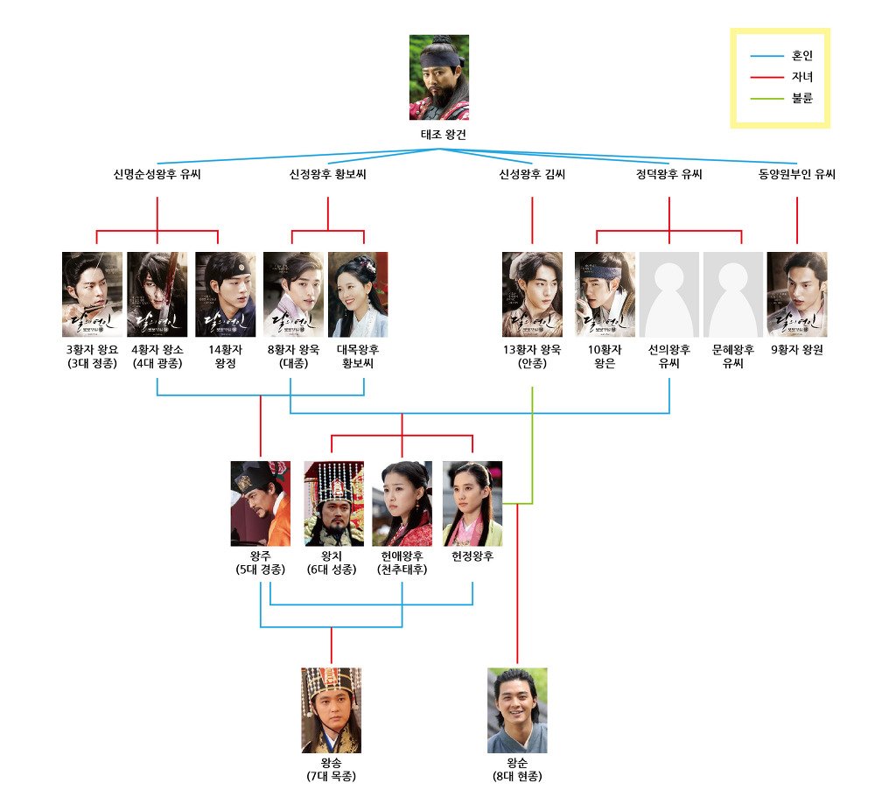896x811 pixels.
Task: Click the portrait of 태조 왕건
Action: (x=439, y=77)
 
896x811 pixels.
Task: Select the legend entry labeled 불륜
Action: (x=801, y=98)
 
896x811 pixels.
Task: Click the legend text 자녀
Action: (x=801, y=77)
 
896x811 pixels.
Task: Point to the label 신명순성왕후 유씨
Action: (x=157, y=175)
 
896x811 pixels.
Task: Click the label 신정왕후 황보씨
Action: (x=328, y=175)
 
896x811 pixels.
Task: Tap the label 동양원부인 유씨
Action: (x=797, y=175)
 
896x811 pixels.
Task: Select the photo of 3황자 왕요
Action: (x=93, y=295)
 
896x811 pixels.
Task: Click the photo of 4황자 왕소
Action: (x=157, y=295)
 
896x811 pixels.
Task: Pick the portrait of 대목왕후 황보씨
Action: (x=358, y=295)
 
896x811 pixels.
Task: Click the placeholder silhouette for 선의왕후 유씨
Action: (x=669, y=295)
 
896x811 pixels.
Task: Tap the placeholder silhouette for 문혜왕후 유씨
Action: (x=733, y=295)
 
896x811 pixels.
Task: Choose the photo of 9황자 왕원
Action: (x=797, y=295)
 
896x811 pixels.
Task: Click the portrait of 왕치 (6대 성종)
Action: (x=333, y=504)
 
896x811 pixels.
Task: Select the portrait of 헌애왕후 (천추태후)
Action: (x=402, y=504)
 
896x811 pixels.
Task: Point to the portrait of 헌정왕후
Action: (x=472, y=504)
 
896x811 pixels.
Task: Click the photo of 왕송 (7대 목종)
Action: (x=332, y=710)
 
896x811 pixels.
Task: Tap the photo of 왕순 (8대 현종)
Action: (x=517, y=710)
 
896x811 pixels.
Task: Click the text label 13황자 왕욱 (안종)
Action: (x=531, y=357)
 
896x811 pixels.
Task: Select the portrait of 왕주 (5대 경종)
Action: (x=261, y=504)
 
